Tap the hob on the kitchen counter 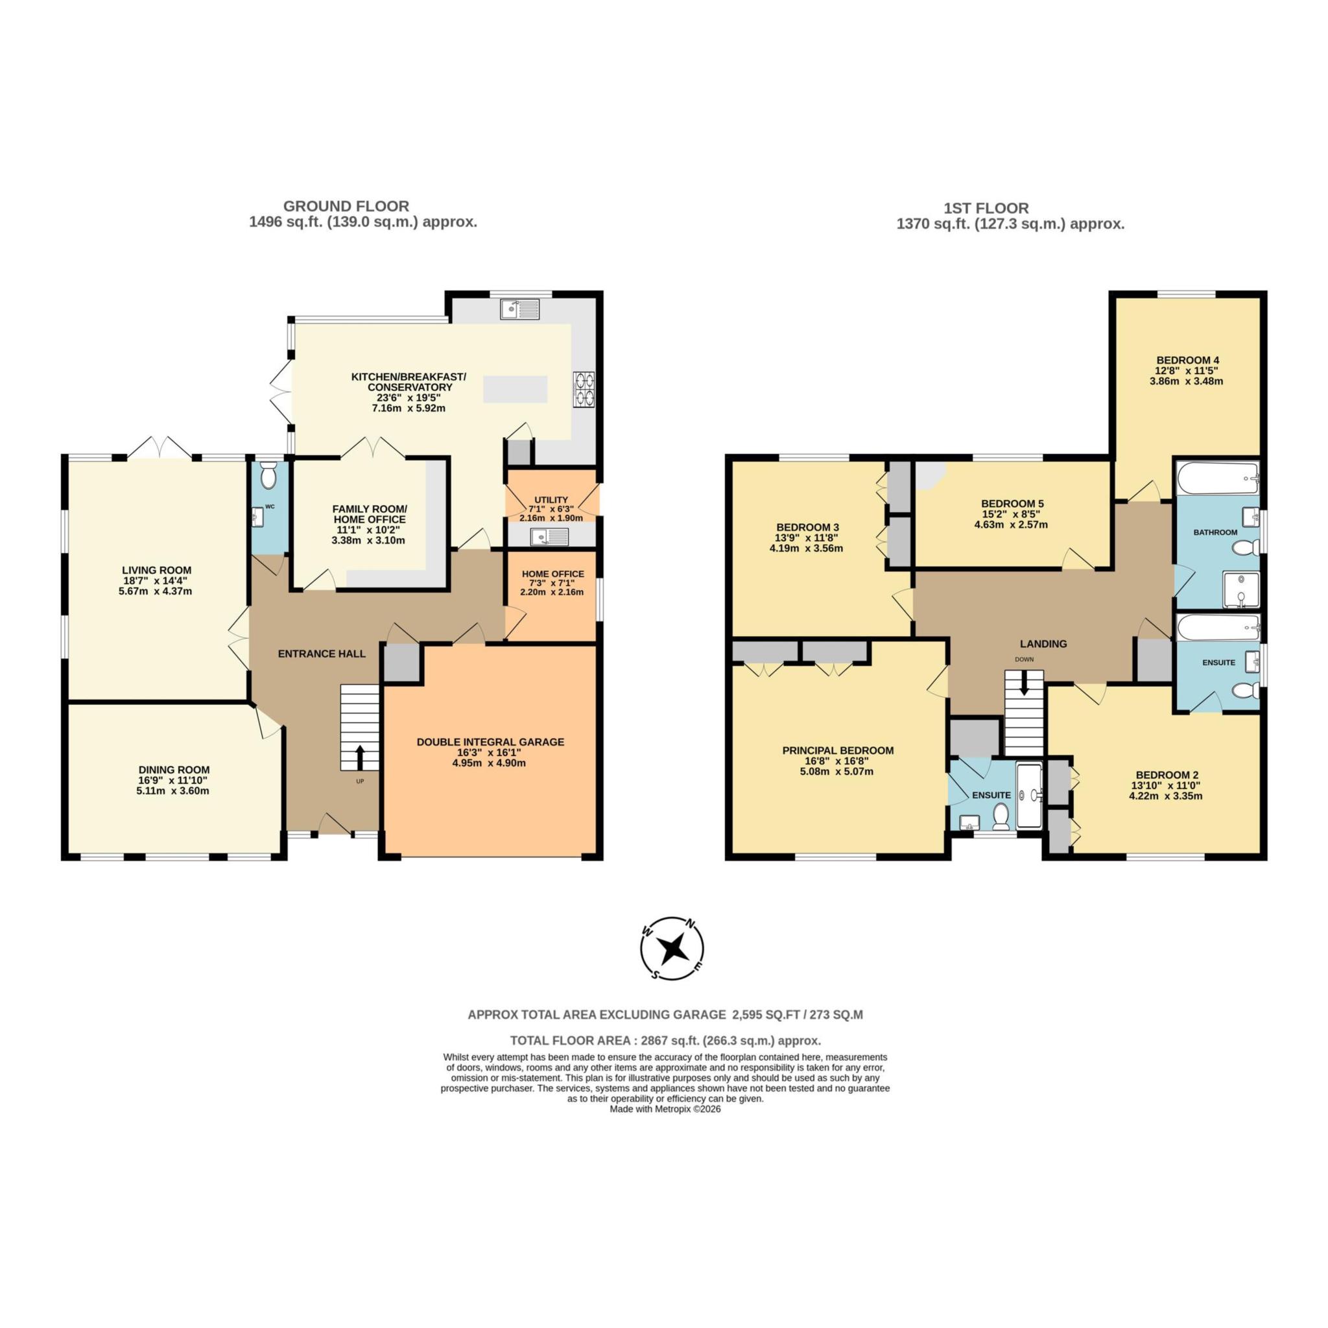tap(584, 389)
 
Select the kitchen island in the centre tap(515, 389)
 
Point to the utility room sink tap(549, 536)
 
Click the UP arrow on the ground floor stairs tap(359, 758)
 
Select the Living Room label tap(157, 570)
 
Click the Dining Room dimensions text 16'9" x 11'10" tap(172, 780)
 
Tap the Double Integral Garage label tap(490, 742)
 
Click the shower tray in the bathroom tap(1240, 591)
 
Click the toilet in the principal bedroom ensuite tap(1001, 815)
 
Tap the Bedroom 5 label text tap(1012, 503)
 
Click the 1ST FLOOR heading tap(986, 208)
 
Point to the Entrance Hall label tap(322, 654)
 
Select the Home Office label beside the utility tap(552, 574)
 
